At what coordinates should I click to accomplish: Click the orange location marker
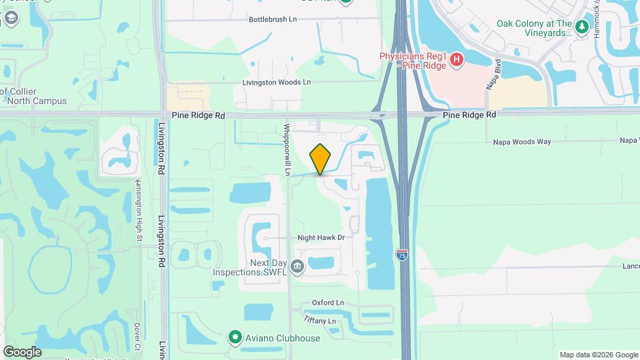tap(321, 159)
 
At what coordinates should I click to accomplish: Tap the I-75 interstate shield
tap(401, 254)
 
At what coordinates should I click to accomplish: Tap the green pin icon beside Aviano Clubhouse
tap(235, 338)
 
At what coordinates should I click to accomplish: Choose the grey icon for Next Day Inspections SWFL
tap(297, 267)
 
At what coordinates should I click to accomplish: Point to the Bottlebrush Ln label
tap(273, 19)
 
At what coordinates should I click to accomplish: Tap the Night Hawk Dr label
tap(321, 237)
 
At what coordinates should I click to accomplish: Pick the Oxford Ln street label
tap(327, 303)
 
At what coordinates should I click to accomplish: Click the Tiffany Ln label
tap(319, 321)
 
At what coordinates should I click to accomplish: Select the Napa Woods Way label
tap(522, 141)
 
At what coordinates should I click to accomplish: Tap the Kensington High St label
tap(139, 209)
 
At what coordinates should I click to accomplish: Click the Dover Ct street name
tap(137, 337)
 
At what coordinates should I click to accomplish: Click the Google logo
tap(22, 352)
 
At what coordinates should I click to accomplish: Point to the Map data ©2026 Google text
tap(598, 355)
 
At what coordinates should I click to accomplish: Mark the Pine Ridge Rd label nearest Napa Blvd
tap(470, 115)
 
